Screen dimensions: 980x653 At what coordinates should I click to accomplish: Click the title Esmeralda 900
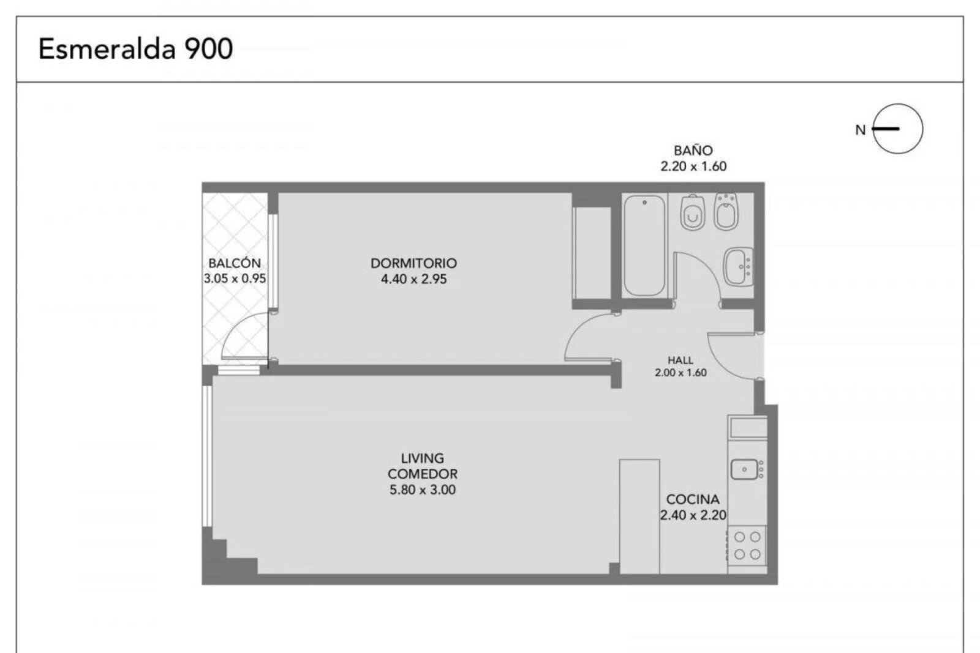pos(135,48)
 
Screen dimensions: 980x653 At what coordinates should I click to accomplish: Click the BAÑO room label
pos(693,151)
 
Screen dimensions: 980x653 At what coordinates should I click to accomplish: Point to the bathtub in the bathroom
pos(644,245)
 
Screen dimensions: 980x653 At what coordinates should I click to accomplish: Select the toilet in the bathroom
pos(693,212)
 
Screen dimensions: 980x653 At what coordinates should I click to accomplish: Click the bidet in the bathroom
pos(726,212)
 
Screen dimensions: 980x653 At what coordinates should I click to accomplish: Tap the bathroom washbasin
pos(739,267)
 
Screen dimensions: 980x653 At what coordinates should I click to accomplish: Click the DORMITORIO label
pos(413,263)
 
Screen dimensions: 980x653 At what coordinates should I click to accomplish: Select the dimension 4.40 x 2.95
pos(413,279)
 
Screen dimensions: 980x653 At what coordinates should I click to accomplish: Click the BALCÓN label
pos(235,263)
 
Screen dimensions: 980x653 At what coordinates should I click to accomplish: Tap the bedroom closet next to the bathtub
pos(592,253)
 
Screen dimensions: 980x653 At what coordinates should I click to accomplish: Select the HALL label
pos(680,360)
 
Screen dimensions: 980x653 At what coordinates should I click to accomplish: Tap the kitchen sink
pos(744,469)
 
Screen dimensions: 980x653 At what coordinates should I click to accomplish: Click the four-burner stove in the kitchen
pos(747,545)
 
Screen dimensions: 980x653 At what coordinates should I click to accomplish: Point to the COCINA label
pos(693,499)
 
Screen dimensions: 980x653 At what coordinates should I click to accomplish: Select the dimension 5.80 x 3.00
pos(423,490)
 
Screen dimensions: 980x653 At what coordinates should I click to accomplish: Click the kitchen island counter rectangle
pos(639,516)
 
